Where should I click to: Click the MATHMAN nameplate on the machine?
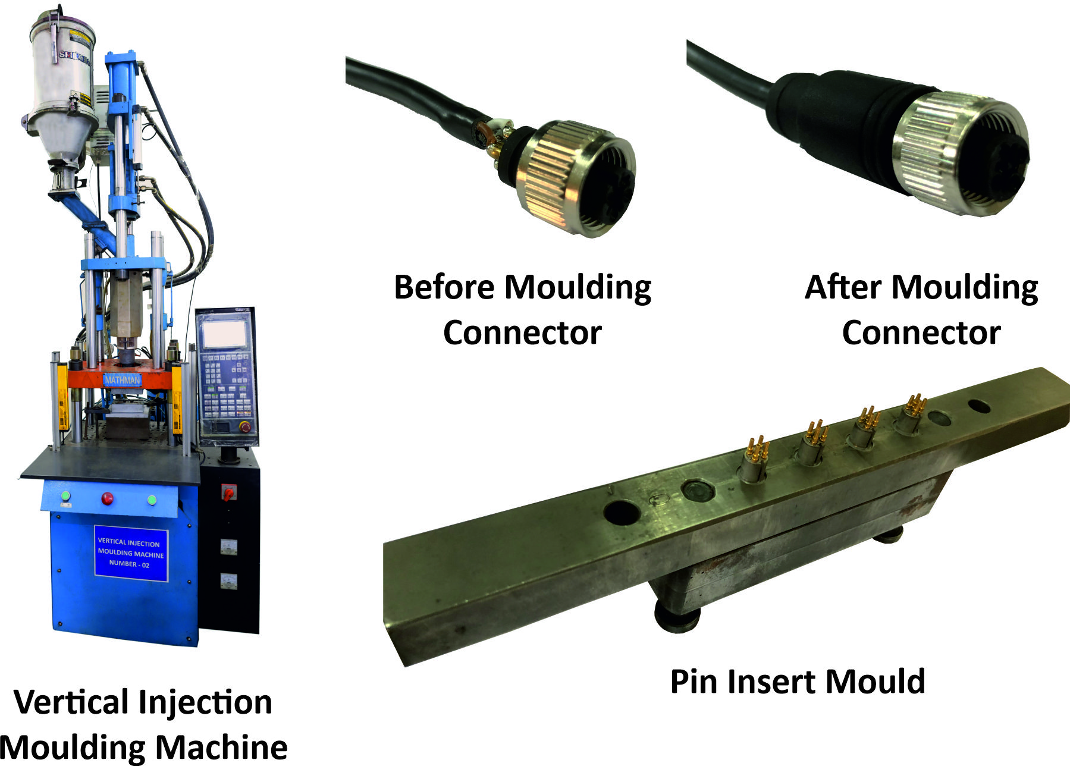[x=123, y=379]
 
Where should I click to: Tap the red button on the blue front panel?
[x=107, y=498]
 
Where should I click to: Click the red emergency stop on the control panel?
[x=244, y=426]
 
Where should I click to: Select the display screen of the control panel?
[x=225, y=332]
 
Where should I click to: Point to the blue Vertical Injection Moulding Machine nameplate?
[x=131, y=553]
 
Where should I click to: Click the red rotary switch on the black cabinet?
[x=228, y=492]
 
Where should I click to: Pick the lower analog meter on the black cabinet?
[x=228, y=581]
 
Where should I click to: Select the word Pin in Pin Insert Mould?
[x=694, y=682]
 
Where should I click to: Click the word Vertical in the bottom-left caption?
[x=72, y=702]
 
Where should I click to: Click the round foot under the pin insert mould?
[x=676, y=619]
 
